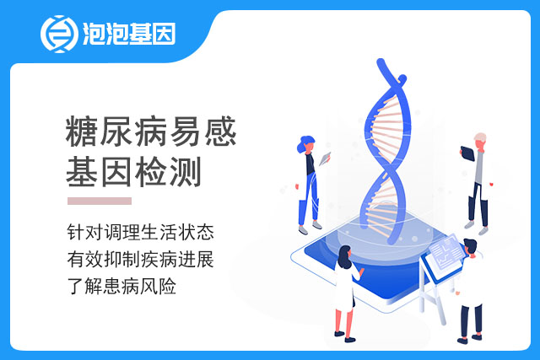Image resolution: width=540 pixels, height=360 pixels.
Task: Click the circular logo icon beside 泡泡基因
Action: (x=59, y=34)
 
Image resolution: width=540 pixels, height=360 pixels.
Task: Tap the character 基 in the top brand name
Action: (x=141, y=34)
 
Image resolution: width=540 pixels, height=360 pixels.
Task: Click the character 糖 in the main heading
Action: (x=82, y=132)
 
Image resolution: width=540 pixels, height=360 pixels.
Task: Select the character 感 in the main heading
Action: (x=220, y=132)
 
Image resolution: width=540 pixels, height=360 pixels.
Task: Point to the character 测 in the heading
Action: (x=186, y=172)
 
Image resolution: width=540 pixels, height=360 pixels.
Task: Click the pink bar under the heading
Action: (x=100, y=201)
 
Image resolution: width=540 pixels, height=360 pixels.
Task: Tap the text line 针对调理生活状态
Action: (x=141, y=233)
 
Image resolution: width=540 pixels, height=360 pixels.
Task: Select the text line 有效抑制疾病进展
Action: (x=141, y=259)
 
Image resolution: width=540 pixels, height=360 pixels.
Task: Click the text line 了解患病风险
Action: (x=121, y=286)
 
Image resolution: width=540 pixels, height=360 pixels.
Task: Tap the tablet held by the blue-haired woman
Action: (x=325, y=159)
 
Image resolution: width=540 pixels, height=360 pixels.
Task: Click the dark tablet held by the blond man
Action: (x=467, y=153)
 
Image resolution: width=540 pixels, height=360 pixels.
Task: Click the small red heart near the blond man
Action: (x=491, y=185)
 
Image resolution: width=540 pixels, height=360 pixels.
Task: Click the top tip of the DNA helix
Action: (x=381, y=62)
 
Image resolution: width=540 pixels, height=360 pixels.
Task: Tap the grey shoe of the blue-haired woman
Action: (x=303, y=231)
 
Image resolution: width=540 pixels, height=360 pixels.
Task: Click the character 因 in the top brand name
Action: (x=165, y=34)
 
